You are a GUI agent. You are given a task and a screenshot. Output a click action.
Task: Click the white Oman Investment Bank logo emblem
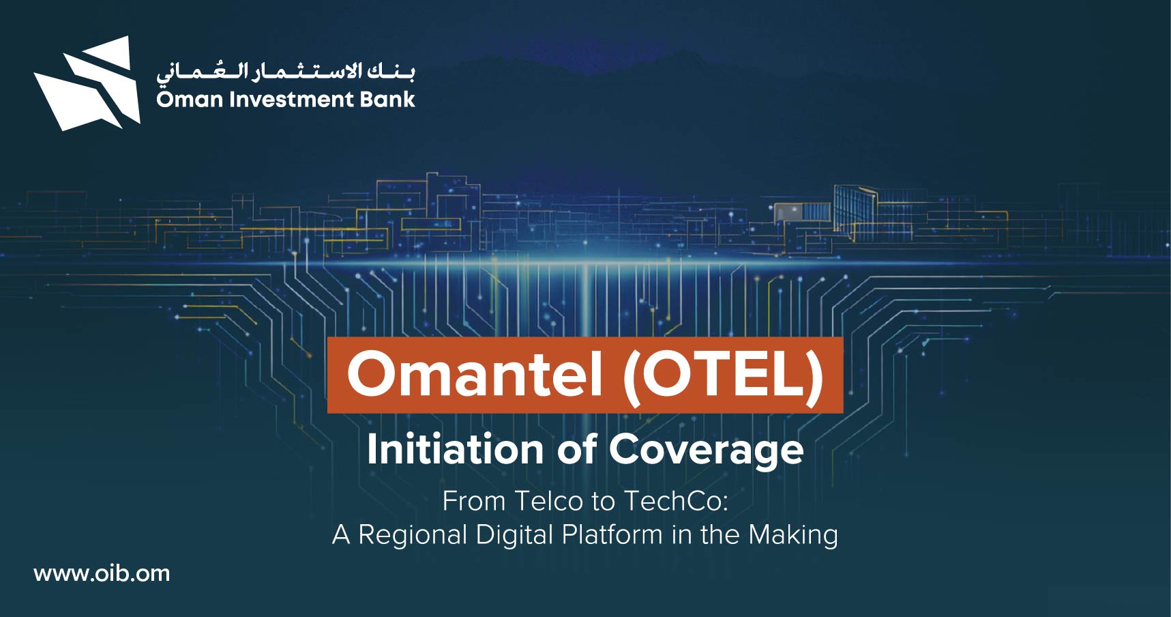(x=87, y=83)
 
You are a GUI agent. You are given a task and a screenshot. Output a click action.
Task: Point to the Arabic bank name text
(x=285, y=71)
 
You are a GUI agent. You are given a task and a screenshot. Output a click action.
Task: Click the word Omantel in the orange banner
(x=475, y=374)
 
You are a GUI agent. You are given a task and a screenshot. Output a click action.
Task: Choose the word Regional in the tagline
(x=413, y=535)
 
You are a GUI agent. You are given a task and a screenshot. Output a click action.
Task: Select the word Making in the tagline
(x=793, y=535)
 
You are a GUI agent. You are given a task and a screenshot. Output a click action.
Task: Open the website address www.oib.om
(x=102, y=573)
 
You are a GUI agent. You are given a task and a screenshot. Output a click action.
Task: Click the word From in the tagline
(x=474, y=501)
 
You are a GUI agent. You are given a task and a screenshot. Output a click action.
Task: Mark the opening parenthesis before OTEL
(x=630, y=377)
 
